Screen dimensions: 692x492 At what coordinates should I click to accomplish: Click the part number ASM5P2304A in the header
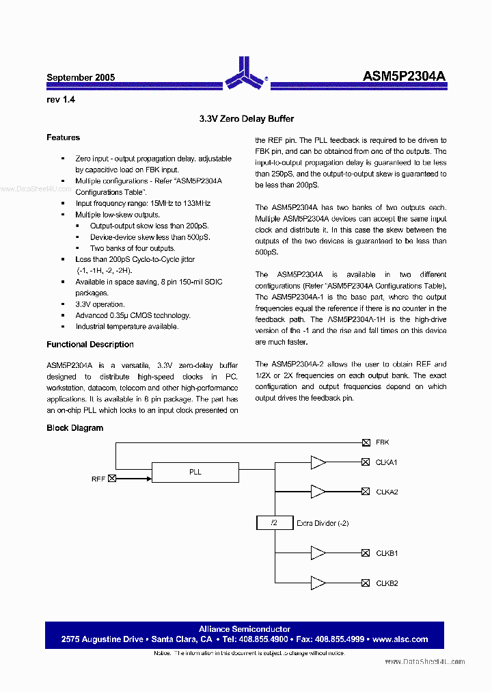[404, 77]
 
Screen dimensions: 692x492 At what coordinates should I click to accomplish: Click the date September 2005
[81, 78]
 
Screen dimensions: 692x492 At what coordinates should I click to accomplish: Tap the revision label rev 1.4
[60, 100]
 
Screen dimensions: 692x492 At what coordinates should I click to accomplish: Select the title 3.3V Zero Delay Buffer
[247, 119]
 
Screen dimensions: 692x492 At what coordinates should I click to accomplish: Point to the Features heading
[63, 137]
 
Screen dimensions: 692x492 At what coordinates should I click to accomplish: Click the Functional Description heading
[90, 345]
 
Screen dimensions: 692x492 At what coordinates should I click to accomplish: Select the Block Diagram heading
[74, 428]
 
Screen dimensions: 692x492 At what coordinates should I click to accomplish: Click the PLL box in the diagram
[195, 472]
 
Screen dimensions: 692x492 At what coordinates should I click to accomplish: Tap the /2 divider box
[273, 523]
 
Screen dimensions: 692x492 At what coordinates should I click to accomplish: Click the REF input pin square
[112, 479]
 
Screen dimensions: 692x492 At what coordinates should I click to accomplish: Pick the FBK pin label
[382, 442]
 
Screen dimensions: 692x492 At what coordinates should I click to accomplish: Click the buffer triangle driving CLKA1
[318, 463]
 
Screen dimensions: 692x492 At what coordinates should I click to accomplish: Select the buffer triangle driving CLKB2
[318, 583]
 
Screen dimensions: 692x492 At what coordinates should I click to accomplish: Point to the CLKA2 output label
[387, 492]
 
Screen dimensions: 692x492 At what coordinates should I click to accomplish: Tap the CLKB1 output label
[387, 553]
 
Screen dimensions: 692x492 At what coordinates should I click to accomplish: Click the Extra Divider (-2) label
[323, 523]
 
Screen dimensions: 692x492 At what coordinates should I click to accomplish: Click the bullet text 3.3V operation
[100, 304]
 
